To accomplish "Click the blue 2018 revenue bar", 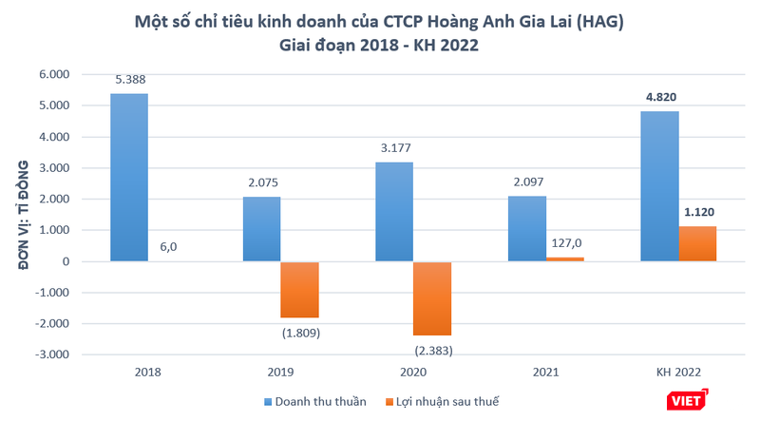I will [x=129, y=177].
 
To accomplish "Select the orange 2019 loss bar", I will [x=299, y=290].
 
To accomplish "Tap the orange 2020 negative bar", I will [x=432, y=298].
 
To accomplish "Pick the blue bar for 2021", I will [x=527, y=228].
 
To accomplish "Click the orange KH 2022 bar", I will [x=697, y=243].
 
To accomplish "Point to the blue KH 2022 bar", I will [x=659, y=186].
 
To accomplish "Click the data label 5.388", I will [x=129, y=81].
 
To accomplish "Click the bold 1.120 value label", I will [x=698, y=216].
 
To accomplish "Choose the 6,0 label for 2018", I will [x=167, y=245].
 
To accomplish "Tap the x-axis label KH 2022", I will [x=679, y=373].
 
